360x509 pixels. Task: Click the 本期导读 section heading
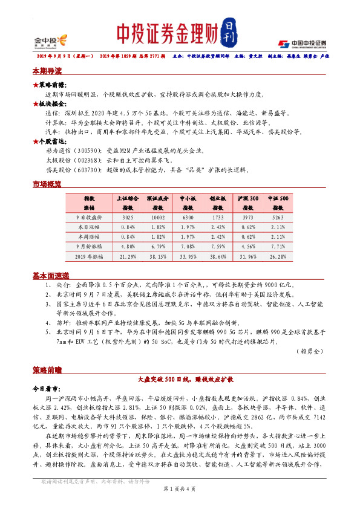47,71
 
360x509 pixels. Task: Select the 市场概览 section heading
47,184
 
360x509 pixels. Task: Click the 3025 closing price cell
128,216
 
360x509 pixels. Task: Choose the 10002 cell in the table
157,216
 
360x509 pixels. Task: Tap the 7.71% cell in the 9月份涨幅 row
278,247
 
